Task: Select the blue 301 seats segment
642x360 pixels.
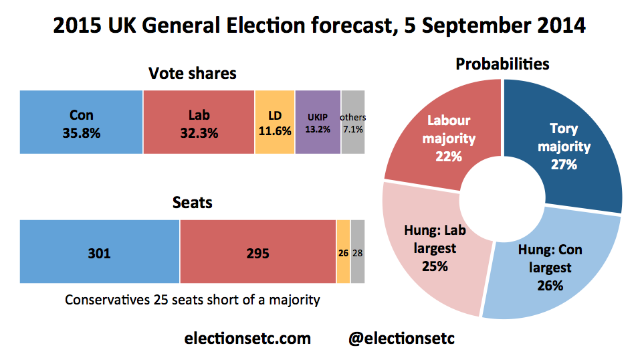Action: pos(100,252)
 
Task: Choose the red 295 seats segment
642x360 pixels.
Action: pos(257,252)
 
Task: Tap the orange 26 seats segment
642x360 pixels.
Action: pos(343,252)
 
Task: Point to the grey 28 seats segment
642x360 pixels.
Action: pos(358,252)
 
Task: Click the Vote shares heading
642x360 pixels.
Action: pos(193,73)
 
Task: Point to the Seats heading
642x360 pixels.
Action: pos(193,201)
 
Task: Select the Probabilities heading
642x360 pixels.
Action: pos(502,64)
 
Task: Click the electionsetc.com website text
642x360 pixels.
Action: pos(247,338)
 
